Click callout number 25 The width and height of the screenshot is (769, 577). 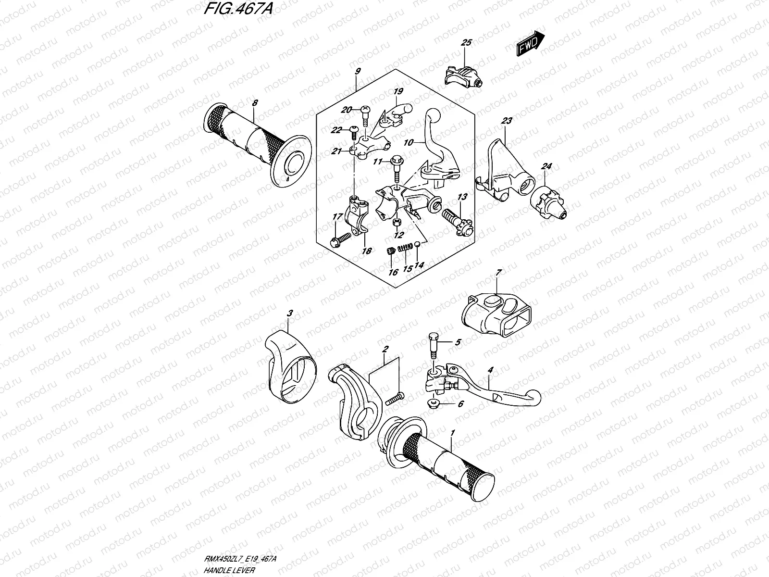click(466, 43)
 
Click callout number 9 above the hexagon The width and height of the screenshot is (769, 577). click(357, 71)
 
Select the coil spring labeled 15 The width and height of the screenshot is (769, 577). click(407, 247)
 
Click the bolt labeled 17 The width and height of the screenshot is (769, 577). click(340, 238)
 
